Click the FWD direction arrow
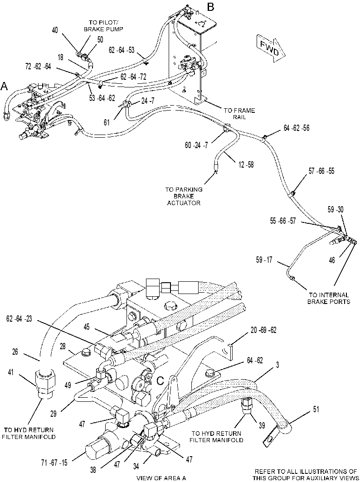tap(271, 48)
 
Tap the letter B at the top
tap(210, 7)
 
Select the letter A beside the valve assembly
tap(4, 86)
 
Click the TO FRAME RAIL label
tap(239, 114)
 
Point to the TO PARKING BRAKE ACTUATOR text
tap(184, 196)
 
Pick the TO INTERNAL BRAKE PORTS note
tap(329, 298)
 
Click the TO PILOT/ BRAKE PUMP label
tap(106, 25)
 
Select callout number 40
tap(55, 30)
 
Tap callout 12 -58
tap(246, 165)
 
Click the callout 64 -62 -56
tap(297, 128)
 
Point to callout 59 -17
tap(264, 260)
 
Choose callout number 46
tap(332, 260)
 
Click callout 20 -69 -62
tap(263, 330)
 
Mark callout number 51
tap(316, 409)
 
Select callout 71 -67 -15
tap(54, 462)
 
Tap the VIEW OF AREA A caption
tap(161, 478)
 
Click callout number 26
tap(15, 352)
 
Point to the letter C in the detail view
tap(160, 381)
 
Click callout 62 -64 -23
tap(19, 319)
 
